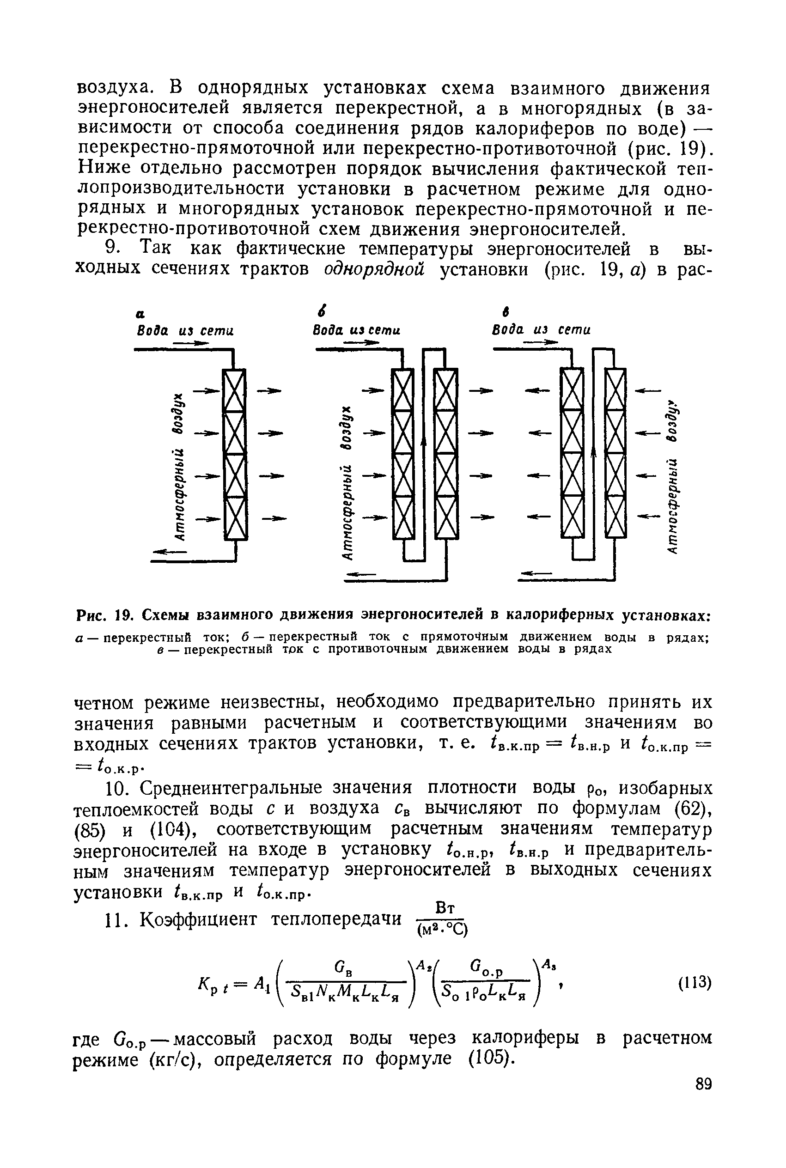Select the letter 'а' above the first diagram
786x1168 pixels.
[x=140, y=314]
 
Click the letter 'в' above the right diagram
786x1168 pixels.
[x=506, y=312]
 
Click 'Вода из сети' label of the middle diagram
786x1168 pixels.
[x=356, y=331]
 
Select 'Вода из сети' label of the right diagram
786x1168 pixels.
[x=542, y=330]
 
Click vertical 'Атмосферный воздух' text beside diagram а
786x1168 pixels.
[x=178, y=466]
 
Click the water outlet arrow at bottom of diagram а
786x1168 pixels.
[x=168, y=552]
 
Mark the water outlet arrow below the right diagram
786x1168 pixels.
[x=536, y=573]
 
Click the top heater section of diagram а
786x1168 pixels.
[x=235, y=390]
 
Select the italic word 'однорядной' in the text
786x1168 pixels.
[x=374, y=269]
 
